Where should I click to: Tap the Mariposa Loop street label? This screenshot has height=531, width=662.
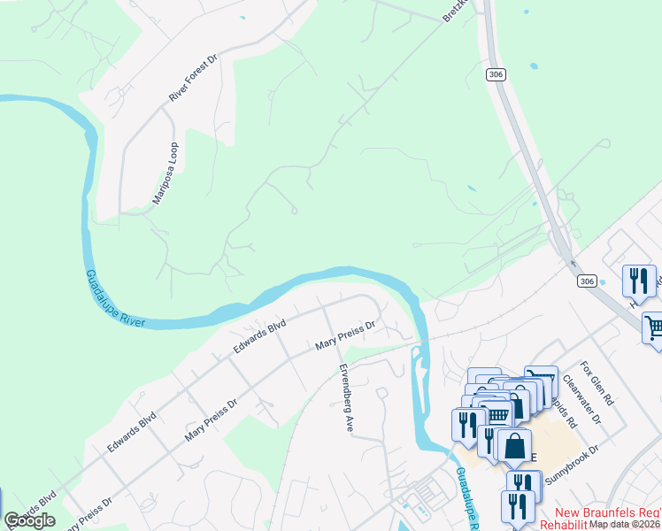165,173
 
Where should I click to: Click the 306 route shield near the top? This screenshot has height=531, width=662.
496,75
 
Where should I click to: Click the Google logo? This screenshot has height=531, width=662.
29,520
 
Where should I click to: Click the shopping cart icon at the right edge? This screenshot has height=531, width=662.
653,327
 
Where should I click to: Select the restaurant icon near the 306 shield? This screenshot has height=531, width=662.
639,281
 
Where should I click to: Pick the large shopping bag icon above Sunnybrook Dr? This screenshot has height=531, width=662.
514,446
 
